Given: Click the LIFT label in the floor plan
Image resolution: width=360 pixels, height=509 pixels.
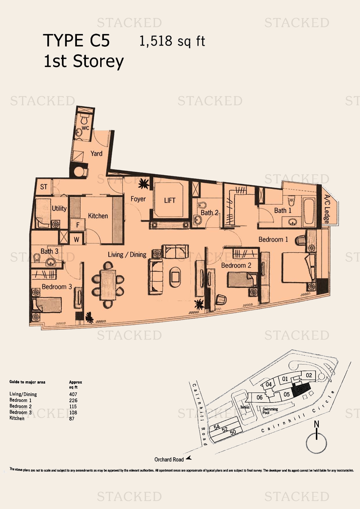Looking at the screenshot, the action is click(x=170, y=200).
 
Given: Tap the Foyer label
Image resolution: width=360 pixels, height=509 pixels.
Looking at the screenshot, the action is click(x=138, y=199).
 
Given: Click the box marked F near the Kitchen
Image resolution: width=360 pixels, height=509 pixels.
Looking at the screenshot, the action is click(x=78, y=225).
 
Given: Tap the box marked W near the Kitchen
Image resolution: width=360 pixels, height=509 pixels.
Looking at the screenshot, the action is click(x=77, y=239).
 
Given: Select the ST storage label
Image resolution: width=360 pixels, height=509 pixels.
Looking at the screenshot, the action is click(x=44, y=187).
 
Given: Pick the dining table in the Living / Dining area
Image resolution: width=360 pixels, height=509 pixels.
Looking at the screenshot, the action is click(x=108, y=285).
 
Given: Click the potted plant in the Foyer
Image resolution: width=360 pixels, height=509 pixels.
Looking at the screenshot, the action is click(x=143, y=184).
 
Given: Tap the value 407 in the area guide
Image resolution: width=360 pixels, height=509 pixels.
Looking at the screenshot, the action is click(x=73, y=394).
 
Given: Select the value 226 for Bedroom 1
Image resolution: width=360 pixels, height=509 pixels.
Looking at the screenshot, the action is click(x=73, y=400).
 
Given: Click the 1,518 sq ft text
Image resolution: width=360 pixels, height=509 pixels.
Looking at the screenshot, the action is click(x=172, y=41).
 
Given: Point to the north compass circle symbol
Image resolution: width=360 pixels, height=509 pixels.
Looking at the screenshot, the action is click(x=316, y=443).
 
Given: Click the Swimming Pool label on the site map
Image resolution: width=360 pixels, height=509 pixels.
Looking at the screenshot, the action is click(x=270, y=411).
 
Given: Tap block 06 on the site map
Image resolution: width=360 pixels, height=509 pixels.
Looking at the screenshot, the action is click(x=260, y=397).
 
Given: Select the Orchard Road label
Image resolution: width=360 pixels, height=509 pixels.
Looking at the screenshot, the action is click(x=169, y=459).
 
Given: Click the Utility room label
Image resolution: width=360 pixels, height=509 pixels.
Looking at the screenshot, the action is click(x=59, y=208).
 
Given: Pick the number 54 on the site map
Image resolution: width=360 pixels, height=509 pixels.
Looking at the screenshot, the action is click(x=217, y=427).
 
